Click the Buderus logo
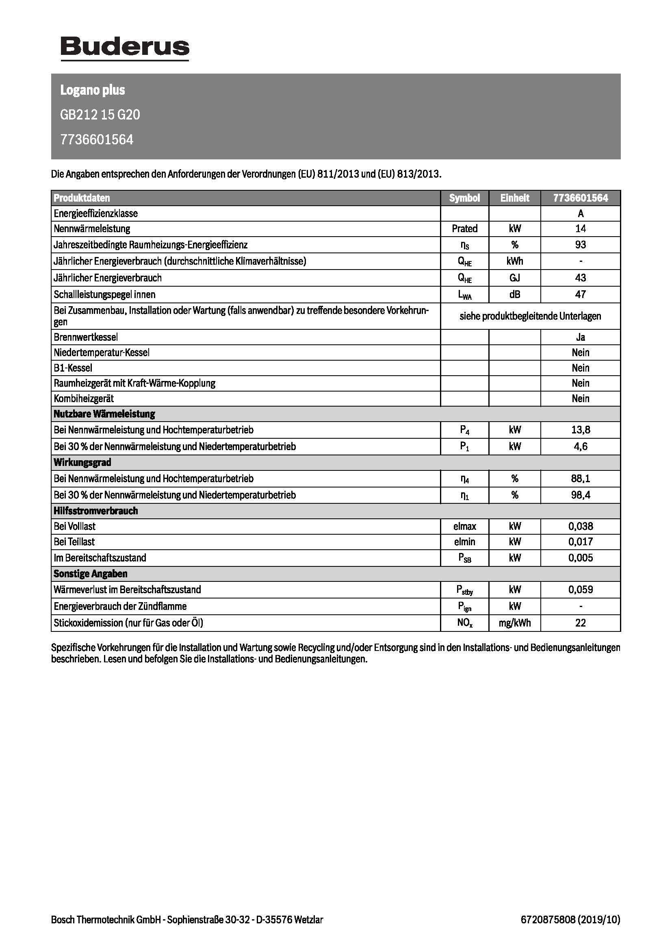(x=125, y=48)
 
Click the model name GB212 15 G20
(x=100, y=115)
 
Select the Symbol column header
(x=464, y=198)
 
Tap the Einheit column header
(x=514, y=198)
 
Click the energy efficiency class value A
(x=581, y=214)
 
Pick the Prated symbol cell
(x=464, y=229)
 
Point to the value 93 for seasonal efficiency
(x=581, y=245)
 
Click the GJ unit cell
(x=514, y=278)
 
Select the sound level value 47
(x=581, y=294)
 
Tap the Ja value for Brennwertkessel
(x=581, y=337)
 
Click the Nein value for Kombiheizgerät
(x=581, y=398)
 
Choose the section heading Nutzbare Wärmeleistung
(x=104, y=414)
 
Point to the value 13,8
(x=581, y=430)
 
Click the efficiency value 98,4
(x=581, y=495)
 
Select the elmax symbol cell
(x=464, y=527)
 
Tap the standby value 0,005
(x=581, y=558)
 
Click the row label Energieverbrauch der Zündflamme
(x=120, y=606)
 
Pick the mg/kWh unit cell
(x=514, y=623)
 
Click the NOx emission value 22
(x=581, y=623)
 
